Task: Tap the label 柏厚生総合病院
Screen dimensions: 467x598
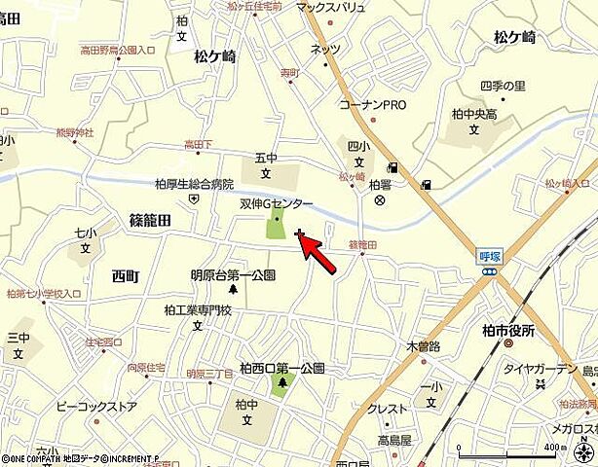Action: click(x=195, y=183)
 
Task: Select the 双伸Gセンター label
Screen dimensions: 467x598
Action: click(x=277, y=204)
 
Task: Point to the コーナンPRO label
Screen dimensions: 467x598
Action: click(x=372, y=104)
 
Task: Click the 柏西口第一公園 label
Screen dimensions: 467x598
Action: click(x=283, y=369)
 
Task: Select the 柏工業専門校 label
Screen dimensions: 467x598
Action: click(x=198, y=310)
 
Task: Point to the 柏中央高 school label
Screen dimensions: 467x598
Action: click(x=474, y=113)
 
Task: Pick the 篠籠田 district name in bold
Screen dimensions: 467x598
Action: click(x=150, y=221)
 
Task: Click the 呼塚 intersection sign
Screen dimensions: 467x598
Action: click(x=489, y=256)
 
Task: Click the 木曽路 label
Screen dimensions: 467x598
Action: click(x=423, y=346)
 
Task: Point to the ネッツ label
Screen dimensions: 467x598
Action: click(x=325, y=50)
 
